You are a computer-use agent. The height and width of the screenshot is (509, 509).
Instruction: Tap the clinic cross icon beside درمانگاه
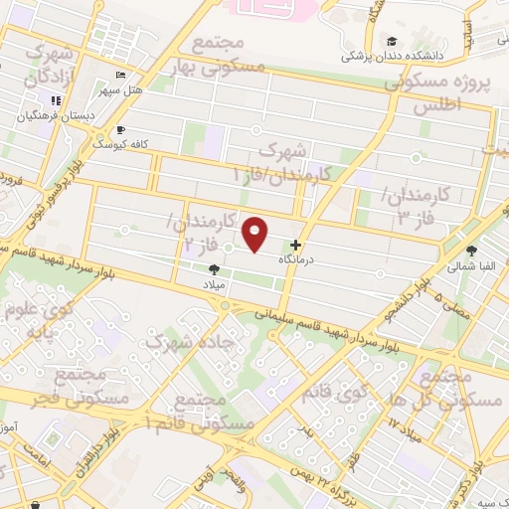[x=295, y=246]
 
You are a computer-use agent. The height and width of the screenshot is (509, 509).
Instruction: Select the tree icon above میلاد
[x=214, y=269]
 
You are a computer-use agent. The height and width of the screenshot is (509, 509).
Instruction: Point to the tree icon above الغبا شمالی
[x=471, y=251]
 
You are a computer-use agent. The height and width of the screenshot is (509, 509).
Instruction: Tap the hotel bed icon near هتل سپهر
[x=120, y=76]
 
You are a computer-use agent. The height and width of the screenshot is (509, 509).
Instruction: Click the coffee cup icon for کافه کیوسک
[x=121, y=129]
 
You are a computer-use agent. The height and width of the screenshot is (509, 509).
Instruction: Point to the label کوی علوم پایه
[x=51, y=318]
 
